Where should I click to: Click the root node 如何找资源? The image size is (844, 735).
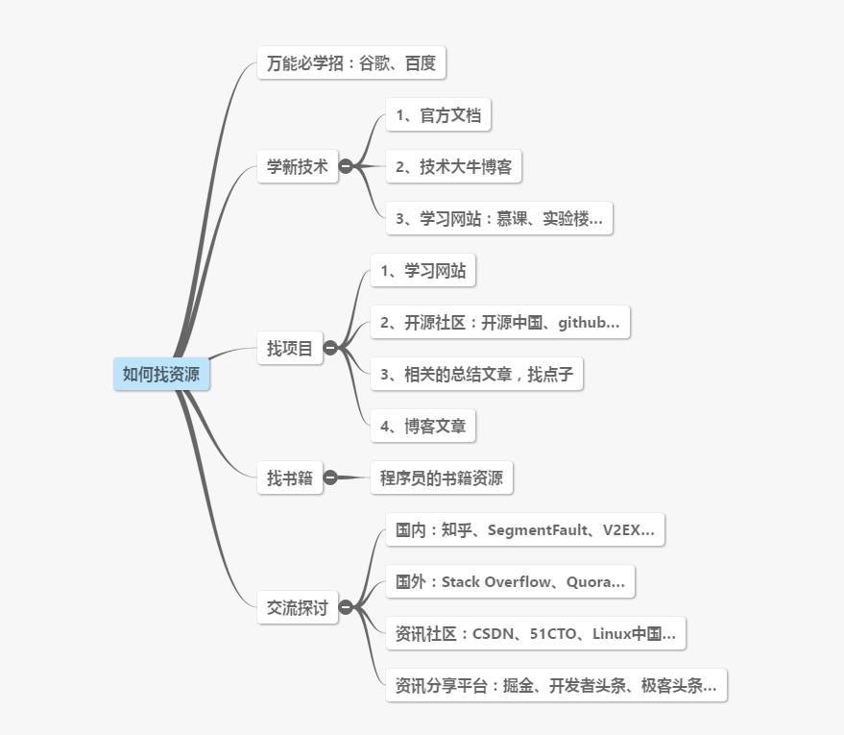[161, 374]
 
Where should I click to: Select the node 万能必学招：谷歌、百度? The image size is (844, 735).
[351, 63]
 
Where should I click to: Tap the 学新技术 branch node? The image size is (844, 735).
[298, 166]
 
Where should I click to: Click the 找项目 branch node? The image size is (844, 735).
[290, 348]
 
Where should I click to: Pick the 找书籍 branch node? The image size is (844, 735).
[290, 478]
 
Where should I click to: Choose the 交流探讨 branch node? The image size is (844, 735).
[298, 607]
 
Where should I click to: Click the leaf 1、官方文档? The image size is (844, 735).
[438, 115]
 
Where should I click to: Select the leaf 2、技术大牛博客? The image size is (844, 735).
[453, 166]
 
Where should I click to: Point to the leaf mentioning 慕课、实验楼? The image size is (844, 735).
[499, 218]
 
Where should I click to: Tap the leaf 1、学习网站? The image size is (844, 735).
[422, 271]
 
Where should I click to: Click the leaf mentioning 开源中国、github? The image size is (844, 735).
[499, 323]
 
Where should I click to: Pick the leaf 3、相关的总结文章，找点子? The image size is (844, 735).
[476, 374]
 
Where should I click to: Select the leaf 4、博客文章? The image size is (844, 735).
[422, 426]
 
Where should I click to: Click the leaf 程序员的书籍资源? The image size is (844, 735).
[442, 478]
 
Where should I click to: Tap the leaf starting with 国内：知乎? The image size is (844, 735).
[525, 529]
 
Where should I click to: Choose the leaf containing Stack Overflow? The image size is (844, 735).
[510, 581]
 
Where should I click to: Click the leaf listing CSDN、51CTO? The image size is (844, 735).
[536, 633]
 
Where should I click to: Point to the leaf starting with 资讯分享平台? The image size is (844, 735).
[556, 686]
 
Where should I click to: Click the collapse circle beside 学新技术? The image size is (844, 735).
[346, 166]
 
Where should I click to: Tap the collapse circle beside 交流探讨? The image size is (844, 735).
[346, 607]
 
